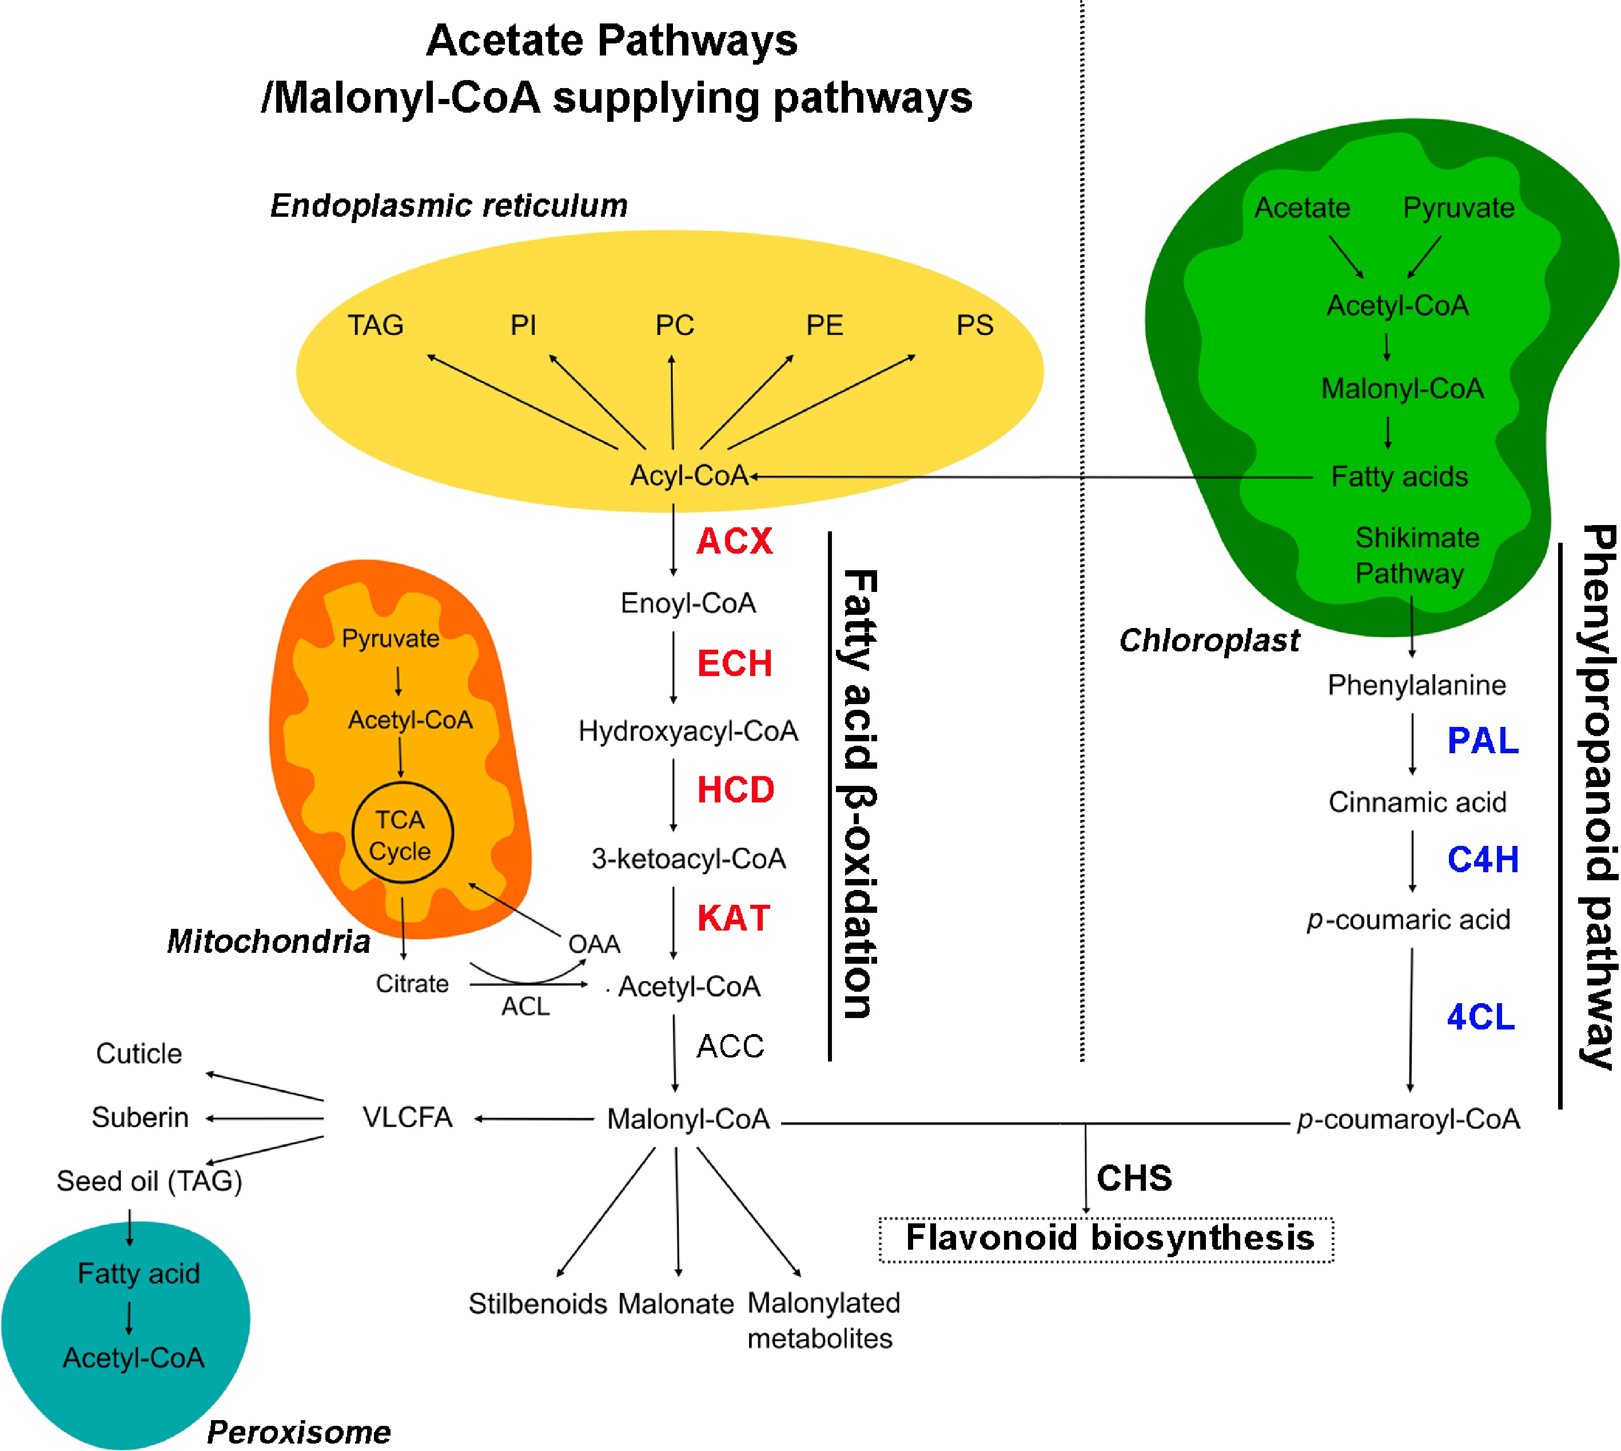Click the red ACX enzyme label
(x=734, y=541)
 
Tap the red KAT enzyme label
(x=733, y=919)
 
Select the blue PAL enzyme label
(x=1482, y=741)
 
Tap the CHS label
(x=1134, y=1178)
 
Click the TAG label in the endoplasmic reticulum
(x=375, y=325)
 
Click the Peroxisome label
(x=299, y=1432)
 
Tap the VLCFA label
(x=407, y=1118)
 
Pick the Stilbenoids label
(x=538, y=1305)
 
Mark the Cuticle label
(x=139, y=1054)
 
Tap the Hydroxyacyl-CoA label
(x=688, y=731)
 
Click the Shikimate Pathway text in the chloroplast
(x=1415, y=556)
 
